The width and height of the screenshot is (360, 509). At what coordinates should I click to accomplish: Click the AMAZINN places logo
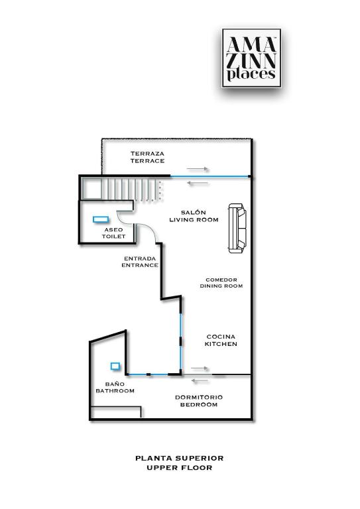coord(251,58)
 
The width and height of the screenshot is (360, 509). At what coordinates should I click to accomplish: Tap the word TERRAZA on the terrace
coord(147,154)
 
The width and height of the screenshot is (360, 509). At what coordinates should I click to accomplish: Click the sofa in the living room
coord(237,228)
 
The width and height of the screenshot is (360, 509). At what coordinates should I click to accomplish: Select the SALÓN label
coord(193,213)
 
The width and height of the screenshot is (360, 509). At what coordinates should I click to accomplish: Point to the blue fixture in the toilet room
coord(101,219)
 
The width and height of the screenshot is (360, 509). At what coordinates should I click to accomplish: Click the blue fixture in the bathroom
coord(115,366)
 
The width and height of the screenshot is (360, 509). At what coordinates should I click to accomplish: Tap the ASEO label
coord(113,230)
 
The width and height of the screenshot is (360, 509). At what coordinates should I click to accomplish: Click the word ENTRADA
coord(140,258)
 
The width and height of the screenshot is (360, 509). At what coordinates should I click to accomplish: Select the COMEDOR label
coord(221,280)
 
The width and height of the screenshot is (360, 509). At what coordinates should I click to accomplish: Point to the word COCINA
coord(221,337)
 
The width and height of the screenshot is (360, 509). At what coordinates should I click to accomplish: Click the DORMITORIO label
coord(199,398)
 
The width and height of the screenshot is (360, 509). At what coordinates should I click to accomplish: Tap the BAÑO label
coord(115,384)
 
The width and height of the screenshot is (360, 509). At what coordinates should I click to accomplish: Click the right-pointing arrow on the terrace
coord(198,169)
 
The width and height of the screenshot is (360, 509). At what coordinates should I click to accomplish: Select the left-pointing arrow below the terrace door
coord(198,184)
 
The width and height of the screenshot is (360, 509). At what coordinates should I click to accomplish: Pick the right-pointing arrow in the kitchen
coord(200,368)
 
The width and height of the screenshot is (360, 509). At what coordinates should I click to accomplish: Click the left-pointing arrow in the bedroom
coord(200,380)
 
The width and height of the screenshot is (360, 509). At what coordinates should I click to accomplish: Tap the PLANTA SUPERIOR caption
coord(179,459)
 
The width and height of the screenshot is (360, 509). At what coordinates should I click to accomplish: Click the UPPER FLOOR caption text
coord(179,468)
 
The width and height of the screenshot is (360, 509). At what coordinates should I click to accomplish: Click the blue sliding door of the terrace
coord(210,176)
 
